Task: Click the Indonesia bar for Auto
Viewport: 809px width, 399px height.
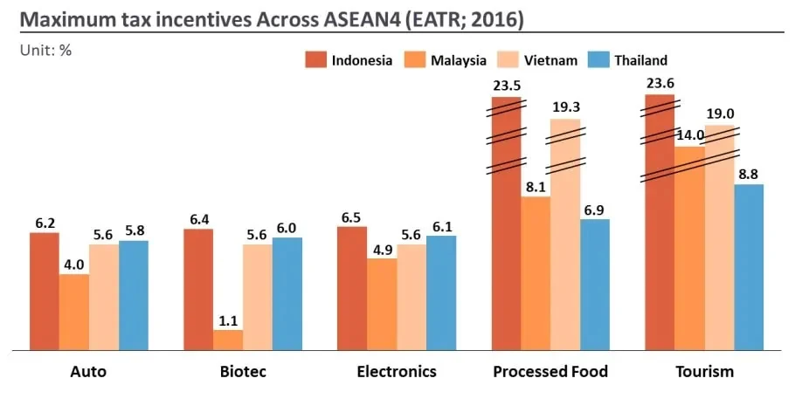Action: [x=44, y=292]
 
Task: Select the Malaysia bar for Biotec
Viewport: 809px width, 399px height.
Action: [x=228, y=341]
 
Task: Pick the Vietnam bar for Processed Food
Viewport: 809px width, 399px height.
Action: [x=565, y=235]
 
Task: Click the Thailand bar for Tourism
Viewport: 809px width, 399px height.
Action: [x=749, y=267]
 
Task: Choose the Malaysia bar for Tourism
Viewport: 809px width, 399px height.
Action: [x=689, y=249]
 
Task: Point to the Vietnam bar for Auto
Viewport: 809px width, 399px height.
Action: [x=104, y=298]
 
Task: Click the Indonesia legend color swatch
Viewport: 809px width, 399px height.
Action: [x=315, y=59]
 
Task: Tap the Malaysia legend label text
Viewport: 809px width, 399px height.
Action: [x=459, y=60]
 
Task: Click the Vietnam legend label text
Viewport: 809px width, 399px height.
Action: [x=550, y=60]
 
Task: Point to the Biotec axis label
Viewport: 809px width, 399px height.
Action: [x=242, y=372]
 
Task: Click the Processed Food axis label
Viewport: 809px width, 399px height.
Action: [x=550, y=372]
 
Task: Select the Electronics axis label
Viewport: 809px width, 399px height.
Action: [x=397, y=372]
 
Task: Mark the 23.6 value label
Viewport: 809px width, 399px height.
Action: [x=659, y=84]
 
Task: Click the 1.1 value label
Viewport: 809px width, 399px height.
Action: [x=229, y=320]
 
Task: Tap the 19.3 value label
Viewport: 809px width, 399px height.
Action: [x=566, y=107]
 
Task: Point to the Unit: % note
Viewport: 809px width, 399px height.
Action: [x=45, y=51]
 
